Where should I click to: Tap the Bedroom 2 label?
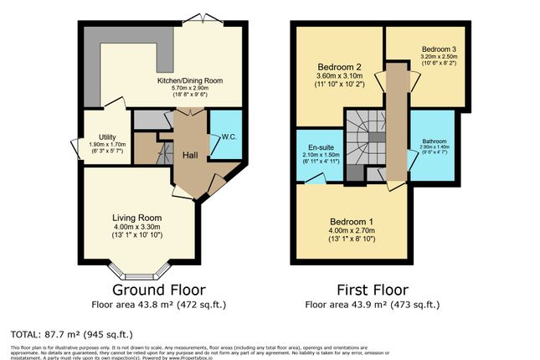click(338, 67)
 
